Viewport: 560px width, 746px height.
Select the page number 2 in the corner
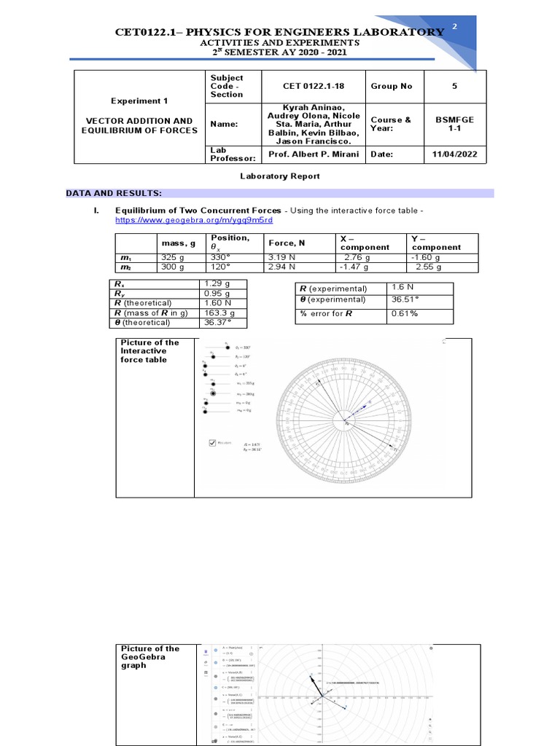(455, 27)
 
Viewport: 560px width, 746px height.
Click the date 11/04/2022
(454, 154)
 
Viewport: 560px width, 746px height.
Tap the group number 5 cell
(454, 86)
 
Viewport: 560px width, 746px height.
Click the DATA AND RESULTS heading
(113, 193)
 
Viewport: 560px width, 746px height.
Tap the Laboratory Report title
(280, 176)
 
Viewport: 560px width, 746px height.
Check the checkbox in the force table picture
(213, 441)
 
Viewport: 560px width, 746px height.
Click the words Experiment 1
(139, 101)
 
